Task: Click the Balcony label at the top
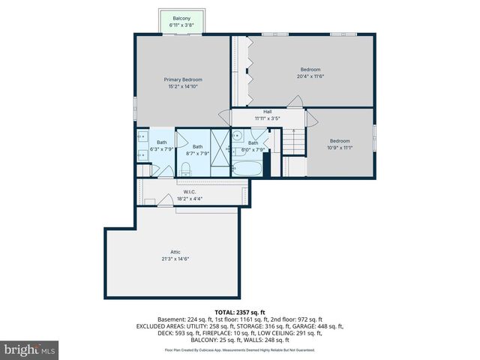point(181,18)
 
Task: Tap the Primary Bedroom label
point(183,79)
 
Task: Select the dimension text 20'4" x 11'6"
point(310,76)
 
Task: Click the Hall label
point(267,112)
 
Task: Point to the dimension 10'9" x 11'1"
point(340,147)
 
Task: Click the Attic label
point(175,252)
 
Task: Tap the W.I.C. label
point(190,192)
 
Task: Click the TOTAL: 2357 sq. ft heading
point(239,311)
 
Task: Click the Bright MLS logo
point(30,349)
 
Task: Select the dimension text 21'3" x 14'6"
point(175,259)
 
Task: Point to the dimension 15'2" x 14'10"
point(183,86)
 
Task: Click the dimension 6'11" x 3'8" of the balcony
point(181,25)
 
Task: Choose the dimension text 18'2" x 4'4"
point(190,199)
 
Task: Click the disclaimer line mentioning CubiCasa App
point(239,350)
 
